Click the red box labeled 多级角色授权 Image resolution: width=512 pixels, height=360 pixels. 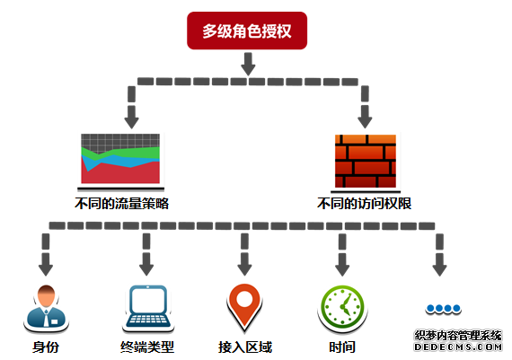(x=247, y=31)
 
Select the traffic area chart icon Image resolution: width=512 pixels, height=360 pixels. (x=120, y=159)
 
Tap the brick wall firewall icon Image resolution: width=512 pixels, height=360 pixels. (x=366, y=161)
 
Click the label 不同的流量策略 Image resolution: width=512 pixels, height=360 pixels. (x=121, y=204)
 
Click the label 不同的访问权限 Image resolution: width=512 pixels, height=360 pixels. (x=364, y=204)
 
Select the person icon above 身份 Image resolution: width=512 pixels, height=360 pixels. (x=46, y=307)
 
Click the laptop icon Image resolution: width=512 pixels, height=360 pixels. (x=148, y=306)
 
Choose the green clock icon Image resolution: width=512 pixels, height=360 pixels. (x=342, y=307)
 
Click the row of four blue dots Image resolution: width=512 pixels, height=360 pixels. (x=443, y=308)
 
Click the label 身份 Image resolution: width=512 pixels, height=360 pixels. (x=46, y=347)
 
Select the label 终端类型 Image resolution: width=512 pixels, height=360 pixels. (x=147, y=347)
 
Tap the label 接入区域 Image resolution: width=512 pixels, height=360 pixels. (x=245, y=347)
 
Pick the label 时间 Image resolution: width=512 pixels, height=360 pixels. (x=342, y=347)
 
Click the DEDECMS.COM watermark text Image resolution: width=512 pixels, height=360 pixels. (x=458, y=347)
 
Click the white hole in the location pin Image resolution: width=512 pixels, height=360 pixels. (x=244, y=299)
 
